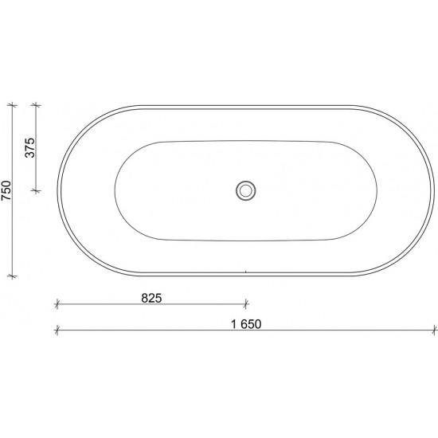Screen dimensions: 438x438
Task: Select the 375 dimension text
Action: pyautogui.click(x=31, y=148)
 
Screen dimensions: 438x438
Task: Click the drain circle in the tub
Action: pyautogui.click(x=246, y=190)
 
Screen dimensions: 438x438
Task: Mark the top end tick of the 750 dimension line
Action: pyautogui.click(x=11, y=104)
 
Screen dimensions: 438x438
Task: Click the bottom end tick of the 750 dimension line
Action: pyautogui.click(x=11, y=276)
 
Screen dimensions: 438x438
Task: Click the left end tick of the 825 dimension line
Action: pyautogui.click(x=57, y=303)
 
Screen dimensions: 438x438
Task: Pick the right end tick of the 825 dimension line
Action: pyautogui.click(x=246, y=303)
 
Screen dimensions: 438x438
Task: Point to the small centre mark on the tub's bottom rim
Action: pyautogui.click(x=246, y=273)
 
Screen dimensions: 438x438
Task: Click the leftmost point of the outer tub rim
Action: pyautogui.click(x=57, y=190)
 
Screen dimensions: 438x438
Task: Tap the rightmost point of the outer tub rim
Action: pyautogui.click(x=435, y=190)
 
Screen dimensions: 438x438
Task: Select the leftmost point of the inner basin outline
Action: pyautogui.click(x=115, y=190)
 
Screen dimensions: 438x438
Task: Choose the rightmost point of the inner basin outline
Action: pyautogui.click(x=377, y=190)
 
